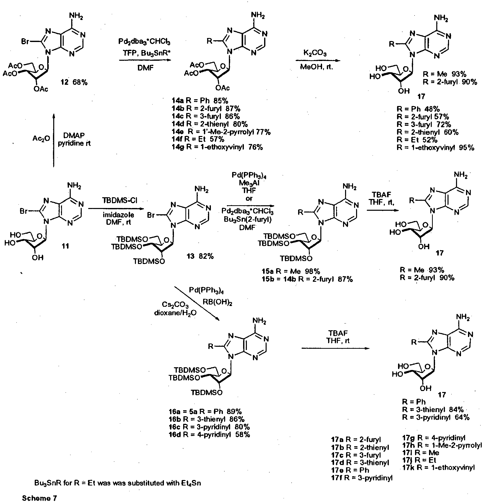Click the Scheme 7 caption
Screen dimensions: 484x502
tap(39, 498)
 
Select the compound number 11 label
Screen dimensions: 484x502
tap(65, 246)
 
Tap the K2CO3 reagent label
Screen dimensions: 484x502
tap(315, 53)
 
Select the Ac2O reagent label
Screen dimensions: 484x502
tap(41, 139)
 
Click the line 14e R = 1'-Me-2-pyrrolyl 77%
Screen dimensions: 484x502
tap(221, 132)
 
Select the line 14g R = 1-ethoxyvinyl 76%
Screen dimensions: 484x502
tap(217, 147)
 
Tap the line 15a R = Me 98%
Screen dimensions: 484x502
tap(291, 271)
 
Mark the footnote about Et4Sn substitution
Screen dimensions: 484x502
tap(118, 483)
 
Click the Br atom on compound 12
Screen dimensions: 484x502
tap(25, 41)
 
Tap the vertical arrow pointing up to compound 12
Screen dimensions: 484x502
tap(54, 140)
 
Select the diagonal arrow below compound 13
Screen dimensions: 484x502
tap(197, 303)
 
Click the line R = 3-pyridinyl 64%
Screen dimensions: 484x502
tap(436, 417)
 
